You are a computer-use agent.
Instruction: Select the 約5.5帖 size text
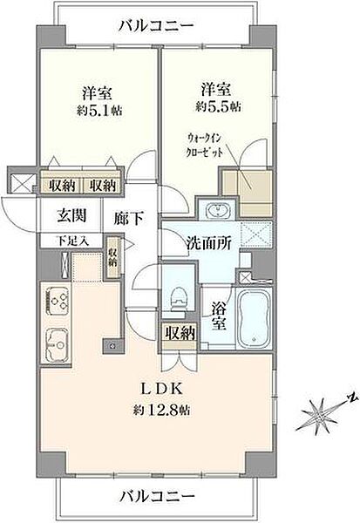[219, 105]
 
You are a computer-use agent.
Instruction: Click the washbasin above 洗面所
[215, 212]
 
